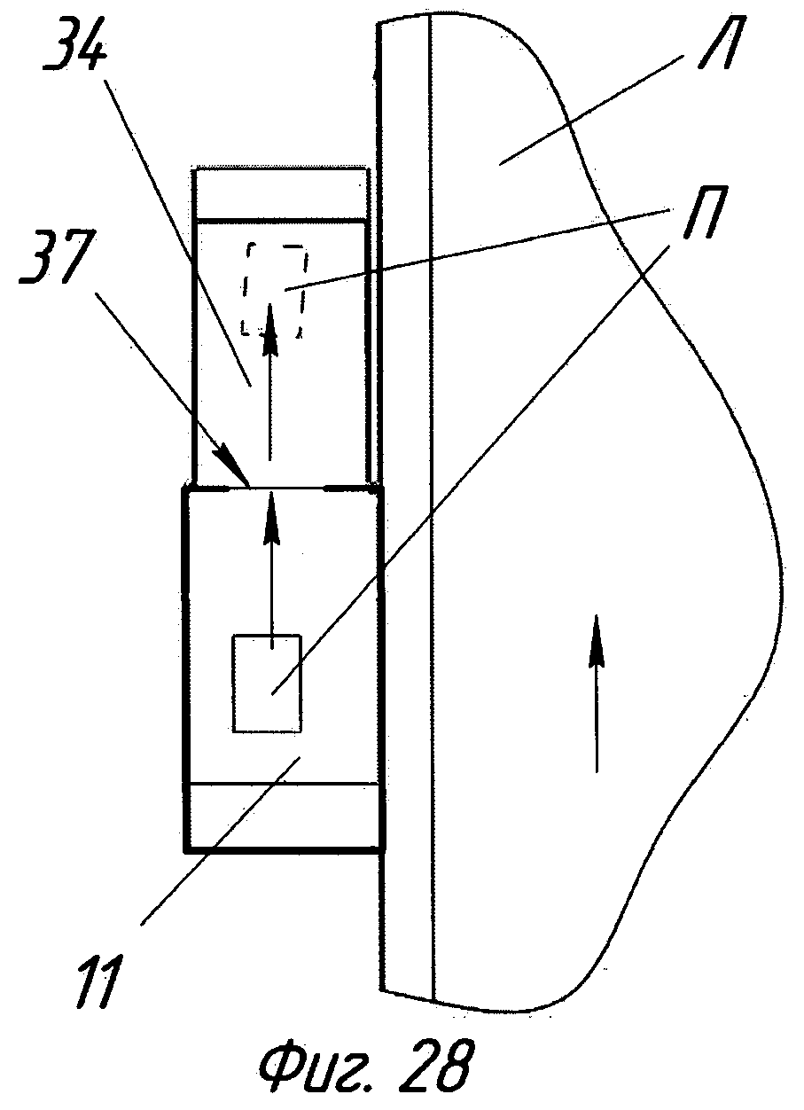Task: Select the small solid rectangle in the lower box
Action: coord(267,684)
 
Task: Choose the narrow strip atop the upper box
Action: coord(280,192)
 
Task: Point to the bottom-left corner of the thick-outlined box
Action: coord(184,849)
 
